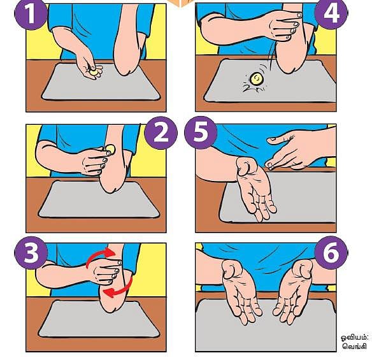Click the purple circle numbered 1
coord(31,14)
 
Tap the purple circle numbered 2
coord(161,133)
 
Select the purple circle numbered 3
coord(31,252)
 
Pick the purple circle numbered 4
coord(331,13)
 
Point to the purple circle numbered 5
coord(201,133)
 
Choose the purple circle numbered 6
coord(331,252)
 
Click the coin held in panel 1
coord(94,72)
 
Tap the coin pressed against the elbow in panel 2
coord(111,149)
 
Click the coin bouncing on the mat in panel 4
coord(256,79)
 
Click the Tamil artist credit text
coord(354,342)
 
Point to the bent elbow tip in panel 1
coord(125,71)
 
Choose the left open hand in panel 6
coord(241,291)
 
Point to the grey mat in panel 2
coord(99,199)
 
